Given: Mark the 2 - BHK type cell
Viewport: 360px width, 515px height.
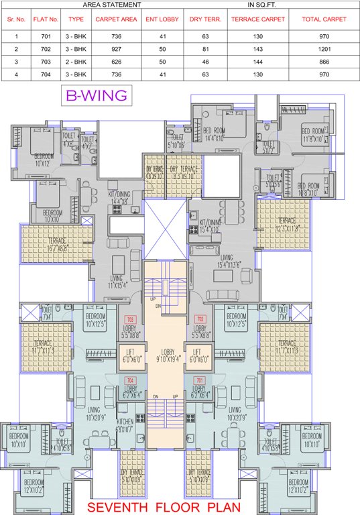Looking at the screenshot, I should (x=76, y=60).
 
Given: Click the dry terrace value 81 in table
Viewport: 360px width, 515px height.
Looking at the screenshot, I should (x=204, y=50).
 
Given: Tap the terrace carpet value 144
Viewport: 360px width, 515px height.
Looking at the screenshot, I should (x=258, y=60).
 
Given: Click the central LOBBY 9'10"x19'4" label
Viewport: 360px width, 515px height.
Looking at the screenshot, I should (x=165, y=355).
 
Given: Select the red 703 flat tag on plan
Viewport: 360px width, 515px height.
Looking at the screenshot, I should (x=131, y=319).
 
